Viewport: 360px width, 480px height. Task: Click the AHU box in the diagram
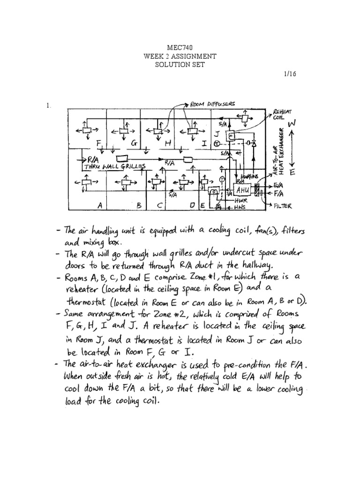tap(243, 190)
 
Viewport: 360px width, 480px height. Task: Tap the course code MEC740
tap(180, 47)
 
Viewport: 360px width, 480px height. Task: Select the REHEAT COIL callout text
tap(280, 115)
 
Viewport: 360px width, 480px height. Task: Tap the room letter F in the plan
tap(98, 142)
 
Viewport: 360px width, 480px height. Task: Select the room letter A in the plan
tap(99, 205)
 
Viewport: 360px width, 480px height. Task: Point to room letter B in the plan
tap(139, 205)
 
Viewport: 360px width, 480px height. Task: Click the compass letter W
tap(292, 124)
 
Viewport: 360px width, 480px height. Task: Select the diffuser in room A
tap(86, 180)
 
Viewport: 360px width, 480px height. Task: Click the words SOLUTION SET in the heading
tap(180, 65)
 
